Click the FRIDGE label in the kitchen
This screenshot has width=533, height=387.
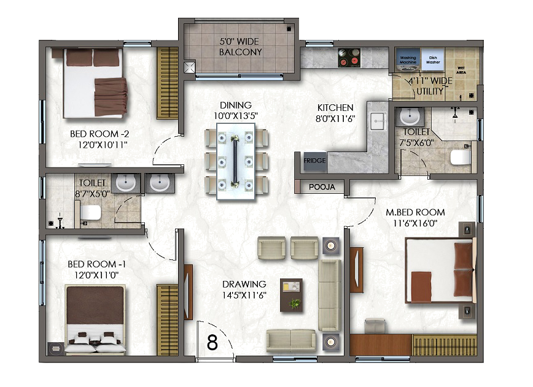point(314,161)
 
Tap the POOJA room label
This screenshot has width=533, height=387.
point(322,187)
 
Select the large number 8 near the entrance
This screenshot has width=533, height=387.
point(212,342)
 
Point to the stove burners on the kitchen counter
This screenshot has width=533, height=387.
point(349,58)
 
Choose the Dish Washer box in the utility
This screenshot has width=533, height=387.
point(433,59)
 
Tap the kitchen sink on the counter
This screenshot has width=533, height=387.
point(377,120)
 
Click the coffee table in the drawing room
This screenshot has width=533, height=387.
point(291,295)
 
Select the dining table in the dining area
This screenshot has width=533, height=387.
point(236,161)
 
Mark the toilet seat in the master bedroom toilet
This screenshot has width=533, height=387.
point(460,158)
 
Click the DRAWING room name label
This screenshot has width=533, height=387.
point(244,284)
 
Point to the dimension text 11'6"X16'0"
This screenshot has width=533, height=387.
point(415,223)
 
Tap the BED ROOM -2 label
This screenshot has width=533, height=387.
point(99,134)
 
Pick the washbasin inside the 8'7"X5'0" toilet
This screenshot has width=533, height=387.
point(126,183)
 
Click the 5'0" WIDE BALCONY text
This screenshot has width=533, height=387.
point(240,47)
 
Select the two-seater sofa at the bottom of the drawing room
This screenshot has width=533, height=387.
point(291,340)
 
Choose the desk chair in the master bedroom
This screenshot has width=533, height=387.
point(376,326)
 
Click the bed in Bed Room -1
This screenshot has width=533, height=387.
point(95,320)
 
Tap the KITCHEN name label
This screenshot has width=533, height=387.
point(335,107)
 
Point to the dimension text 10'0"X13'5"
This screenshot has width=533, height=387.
point(236,116)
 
